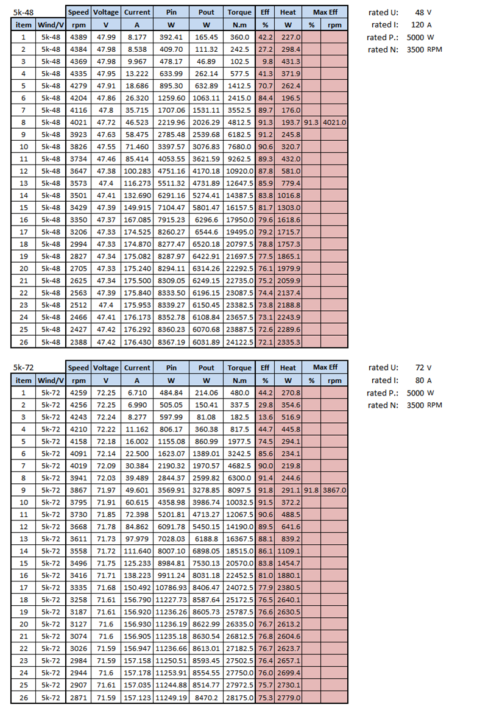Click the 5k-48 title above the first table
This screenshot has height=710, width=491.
point(23,12)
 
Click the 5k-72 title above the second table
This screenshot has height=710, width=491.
point(23,367)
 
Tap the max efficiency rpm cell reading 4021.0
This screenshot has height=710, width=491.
point(334,122)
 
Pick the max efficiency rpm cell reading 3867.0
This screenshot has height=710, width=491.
point(334,489)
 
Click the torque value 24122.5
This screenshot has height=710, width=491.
point(239,342)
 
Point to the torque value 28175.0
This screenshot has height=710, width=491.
point(239,697)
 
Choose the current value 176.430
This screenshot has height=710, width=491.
point(137,342)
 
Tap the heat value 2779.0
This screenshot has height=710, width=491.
point(288,697)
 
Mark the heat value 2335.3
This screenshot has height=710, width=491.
point(288,342)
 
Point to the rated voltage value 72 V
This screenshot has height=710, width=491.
point(420,367)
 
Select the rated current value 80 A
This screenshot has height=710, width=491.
point(420,380)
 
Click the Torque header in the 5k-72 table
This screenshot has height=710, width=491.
point(239,367)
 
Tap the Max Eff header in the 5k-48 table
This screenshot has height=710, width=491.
point(325,12)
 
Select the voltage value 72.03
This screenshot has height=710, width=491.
point(106,477)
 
